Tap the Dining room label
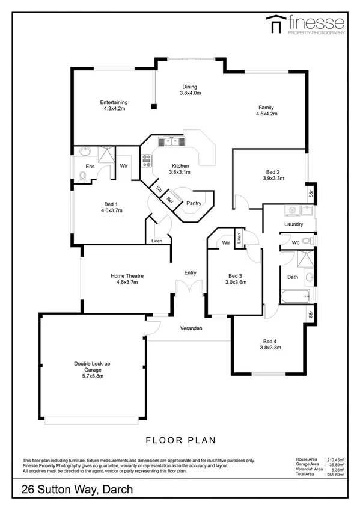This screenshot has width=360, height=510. point(189,90)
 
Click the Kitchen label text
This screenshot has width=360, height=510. point(180,169)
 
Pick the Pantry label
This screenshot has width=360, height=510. point(194,203)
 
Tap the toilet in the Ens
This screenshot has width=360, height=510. point(82,176)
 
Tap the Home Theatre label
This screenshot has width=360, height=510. point(126,279)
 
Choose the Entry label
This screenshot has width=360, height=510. point(190,273)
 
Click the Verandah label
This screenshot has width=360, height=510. point(191,328)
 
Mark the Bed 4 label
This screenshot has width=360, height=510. point(270,343)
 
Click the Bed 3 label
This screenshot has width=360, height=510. point(236,278)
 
